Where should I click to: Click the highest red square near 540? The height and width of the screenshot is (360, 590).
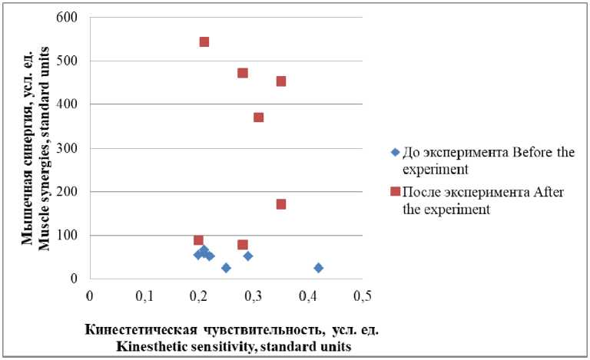pyautogui.click(x=204, y=41)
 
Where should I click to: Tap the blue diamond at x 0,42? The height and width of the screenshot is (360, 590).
pyautogui.click(x=318, y=268)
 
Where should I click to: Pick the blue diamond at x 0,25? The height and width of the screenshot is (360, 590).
pyautogui.click(x=226, y=268)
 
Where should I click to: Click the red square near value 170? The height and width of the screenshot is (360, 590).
pyautogui.click(x=281, y=204)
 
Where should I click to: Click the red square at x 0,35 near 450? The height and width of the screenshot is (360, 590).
pyautogui.click(x=281, y=81)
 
